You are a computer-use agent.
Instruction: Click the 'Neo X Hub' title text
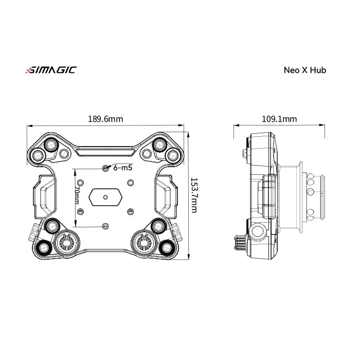pyautogui.click(x=304, y=70)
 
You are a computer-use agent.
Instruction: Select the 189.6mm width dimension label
pyautogui.click(x=105, y=119)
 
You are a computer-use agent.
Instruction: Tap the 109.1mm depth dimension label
pyautogui.click(x=279, y=119)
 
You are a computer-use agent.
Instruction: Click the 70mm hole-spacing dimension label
pyautogui.click(x=76, y=197)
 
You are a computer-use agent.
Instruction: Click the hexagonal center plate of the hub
pyautogui.click(x=105, y=197)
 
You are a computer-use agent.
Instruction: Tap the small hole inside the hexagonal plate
pyautogui.click(x=105, y=197)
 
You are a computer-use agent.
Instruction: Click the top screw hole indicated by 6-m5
pyautogui.click(x=105, y=168)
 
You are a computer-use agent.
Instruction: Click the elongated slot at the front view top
pyautogui.click(x=105, y=153)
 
